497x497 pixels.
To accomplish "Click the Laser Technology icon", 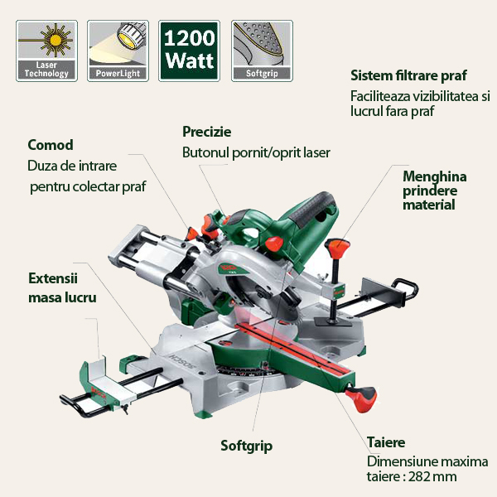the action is tap(46, 50).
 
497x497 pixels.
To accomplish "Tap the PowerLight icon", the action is tap(117, 50).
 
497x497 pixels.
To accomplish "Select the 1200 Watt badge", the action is tap(189, 50).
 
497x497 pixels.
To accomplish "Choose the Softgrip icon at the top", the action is tap(261, 50).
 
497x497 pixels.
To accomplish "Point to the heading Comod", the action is tap(51, 145).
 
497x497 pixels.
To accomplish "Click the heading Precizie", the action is tap(206, 132).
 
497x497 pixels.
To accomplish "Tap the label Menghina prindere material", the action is tap(434, 190).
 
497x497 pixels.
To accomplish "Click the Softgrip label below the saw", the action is tap(246, 446).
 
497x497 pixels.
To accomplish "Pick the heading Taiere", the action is tap(385, 442).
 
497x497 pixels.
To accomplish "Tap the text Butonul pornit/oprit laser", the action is tap(256, 152).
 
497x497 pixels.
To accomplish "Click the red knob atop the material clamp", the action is tap(335, 248).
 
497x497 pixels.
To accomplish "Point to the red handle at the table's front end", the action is tap(364, 402).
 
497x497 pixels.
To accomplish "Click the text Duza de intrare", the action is tap(72, 166).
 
